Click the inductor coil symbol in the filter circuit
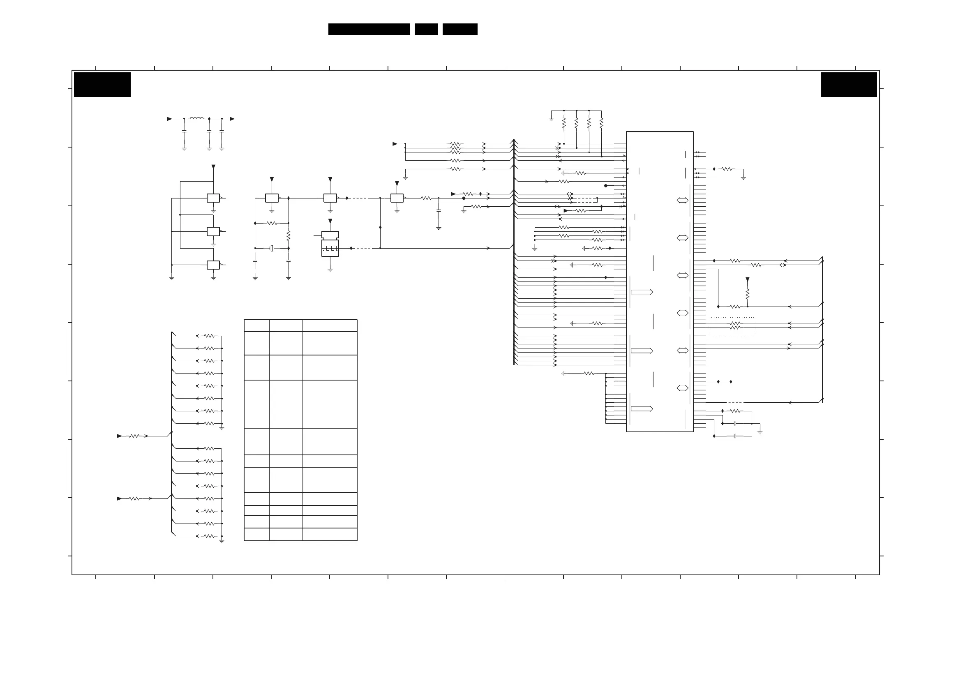[196, 118]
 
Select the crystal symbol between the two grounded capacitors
[272, 248]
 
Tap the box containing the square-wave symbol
[330, 248]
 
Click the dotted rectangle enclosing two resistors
[732, 327]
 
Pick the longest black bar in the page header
[369, 29]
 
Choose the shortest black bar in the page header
[426, 29]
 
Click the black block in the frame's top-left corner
[102, 84]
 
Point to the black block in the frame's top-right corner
[849, 84]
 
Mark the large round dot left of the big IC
[605, 186]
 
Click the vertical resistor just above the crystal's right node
[289, 236]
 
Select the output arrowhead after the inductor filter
[232, 119]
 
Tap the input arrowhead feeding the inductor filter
[169, 119]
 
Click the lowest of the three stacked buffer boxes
[213, 265]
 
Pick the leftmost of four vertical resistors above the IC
[564, 123]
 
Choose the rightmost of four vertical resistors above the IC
[601, 123]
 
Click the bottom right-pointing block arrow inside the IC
[642, 409]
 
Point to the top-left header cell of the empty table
[256, 326]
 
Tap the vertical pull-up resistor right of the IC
[748, 294]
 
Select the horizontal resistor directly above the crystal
[272, 223]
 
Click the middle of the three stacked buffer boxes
[213, 231]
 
